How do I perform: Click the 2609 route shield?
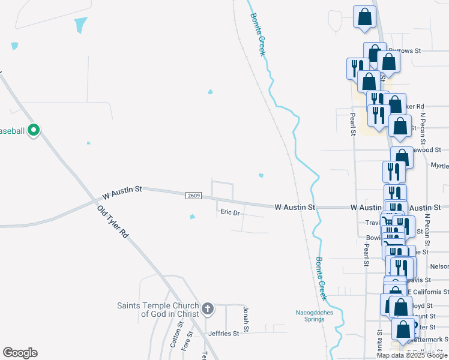click(193, 196)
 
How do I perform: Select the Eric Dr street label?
click(230, 212)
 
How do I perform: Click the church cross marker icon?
click(208, 309)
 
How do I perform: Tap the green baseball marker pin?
click(34, 130)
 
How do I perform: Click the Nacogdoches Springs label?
click(310, 316)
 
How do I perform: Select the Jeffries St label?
click(224, 333)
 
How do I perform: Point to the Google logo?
click(20, 353)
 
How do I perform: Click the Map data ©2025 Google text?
click(412, 355)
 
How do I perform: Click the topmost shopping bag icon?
click(364, 18)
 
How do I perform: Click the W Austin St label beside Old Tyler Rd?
click(122, 192)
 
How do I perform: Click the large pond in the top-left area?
click(80, 25)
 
